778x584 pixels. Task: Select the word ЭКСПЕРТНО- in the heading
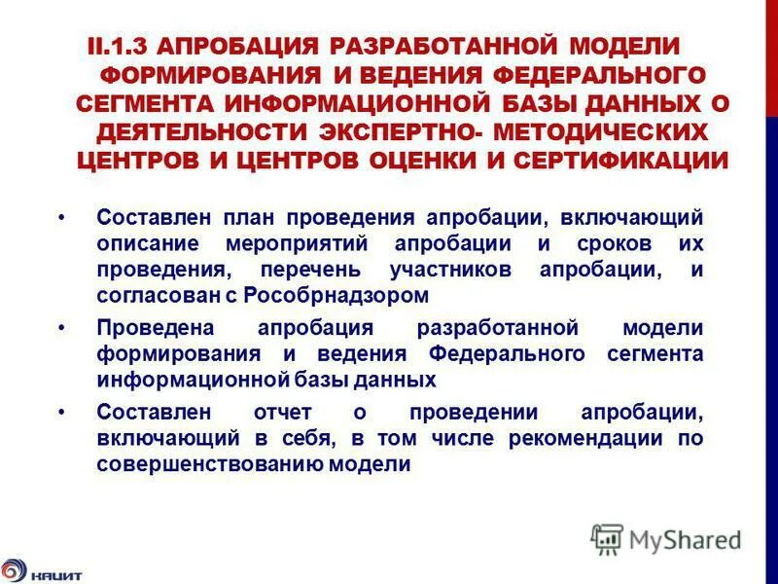pos(393,131)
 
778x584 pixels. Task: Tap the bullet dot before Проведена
pos(62,328)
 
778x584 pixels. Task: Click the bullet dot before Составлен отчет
pos(62,414)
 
